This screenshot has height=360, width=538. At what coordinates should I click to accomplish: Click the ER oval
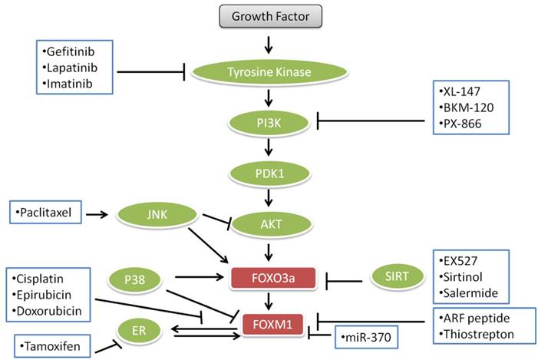click(x=135, y=332)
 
